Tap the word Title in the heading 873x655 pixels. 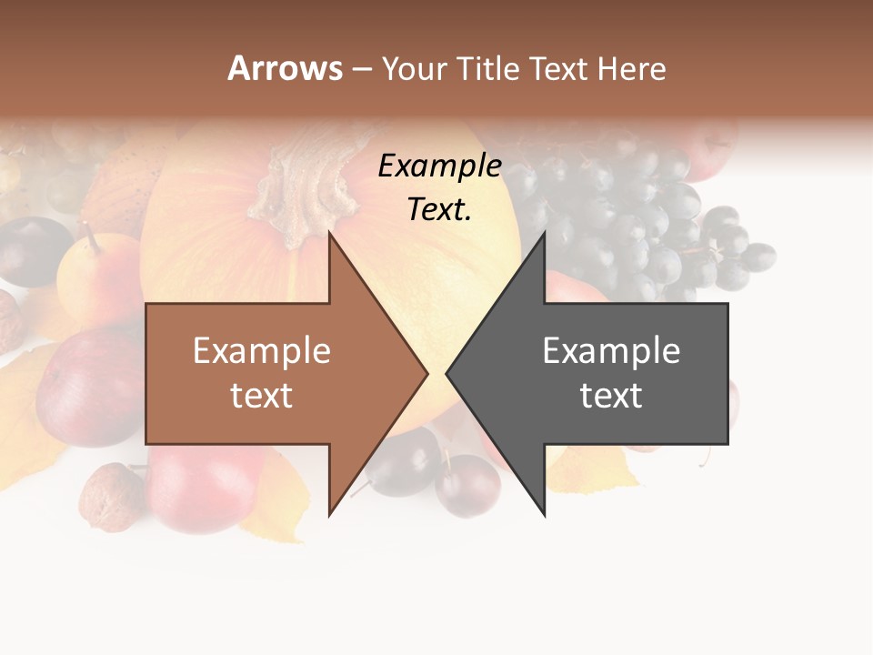[492, 69]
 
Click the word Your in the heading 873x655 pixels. [415, 69]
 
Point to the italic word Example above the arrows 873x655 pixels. [439, 166]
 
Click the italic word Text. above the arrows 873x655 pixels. [439, 210]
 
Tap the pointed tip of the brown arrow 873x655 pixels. [426, 373]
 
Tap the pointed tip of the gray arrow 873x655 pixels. [448, 373]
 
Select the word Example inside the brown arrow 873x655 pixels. [262, 351]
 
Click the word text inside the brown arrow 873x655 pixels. [262, 396]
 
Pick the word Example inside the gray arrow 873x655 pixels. [611, 351]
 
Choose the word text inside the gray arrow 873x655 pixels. [611, 396]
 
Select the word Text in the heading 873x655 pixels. [561, 69]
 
